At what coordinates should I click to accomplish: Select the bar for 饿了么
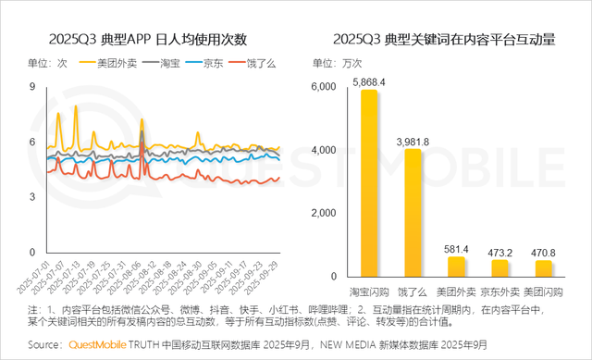pyautogui.click(x=412, y=213)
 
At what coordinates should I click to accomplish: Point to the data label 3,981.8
pyautogui.click(x=412, y=141)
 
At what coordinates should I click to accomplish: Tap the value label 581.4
pyautogui.click(x=456, y=249)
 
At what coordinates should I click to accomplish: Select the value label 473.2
pyautogui.click(x=500, y=252)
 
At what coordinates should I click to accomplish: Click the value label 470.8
pyautogui.click(x=544, y=252)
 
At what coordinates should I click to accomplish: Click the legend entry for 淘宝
pyautogui.click(x=160, y=64)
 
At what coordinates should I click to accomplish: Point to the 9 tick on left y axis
pyautogui.click(x=32, y=86)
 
